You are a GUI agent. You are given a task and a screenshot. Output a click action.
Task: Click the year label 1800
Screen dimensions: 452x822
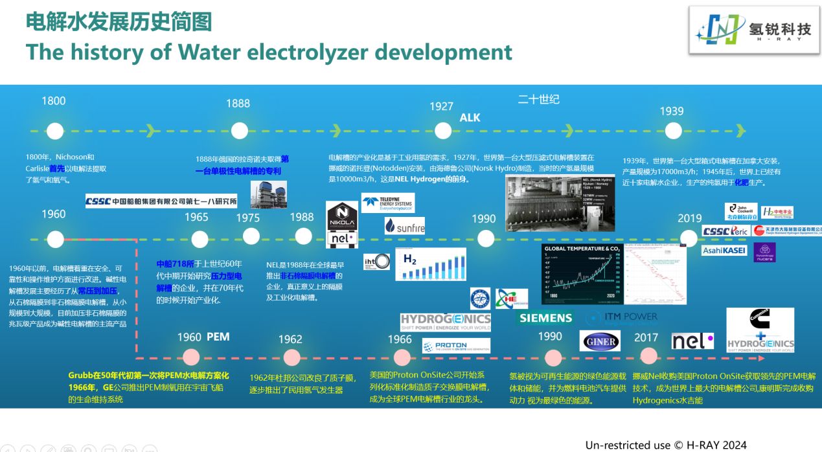pyautogui.click(x=54, y=100)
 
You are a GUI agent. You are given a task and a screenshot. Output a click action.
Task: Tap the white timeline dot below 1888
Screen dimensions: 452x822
pyautogui.click(x=240, y=130)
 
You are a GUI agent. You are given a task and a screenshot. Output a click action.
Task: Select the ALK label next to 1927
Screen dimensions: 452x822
pyautogui.click(x=470, y=117)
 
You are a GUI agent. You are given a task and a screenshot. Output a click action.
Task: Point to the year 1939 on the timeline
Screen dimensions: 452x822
pyautogui.click(x=672, y=111)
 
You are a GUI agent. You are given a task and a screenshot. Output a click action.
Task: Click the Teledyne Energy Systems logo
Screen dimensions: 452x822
pyautogui.click(x=387, y=203)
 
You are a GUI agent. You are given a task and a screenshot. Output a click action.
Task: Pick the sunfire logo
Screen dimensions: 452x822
pyautogui.click(x=404, y=225)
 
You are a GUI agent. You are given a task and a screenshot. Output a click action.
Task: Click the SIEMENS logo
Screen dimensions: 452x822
pyautogui.click(x=545, y=317)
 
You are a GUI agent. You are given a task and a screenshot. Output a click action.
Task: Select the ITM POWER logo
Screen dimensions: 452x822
pyautogui.click(x=621, y=317)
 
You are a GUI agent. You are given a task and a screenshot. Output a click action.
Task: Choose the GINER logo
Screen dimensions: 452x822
pyautogui.click(x=600, y=341)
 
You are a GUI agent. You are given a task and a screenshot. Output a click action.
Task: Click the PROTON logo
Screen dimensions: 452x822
pyautogui.click(x=456, y=346)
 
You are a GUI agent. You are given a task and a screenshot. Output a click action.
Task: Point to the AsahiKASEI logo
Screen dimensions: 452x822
pyautogui.click(x=724, y=250)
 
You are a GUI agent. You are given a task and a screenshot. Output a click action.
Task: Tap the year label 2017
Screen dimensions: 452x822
pyautogui.click(x=646, y=337)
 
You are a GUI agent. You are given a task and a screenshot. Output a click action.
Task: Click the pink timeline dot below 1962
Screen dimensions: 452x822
pyautogui.click(x=290, y=357)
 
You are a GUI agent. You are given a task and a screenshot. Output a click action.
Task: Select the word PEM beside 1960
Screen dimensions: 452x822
pyautogui.click(x=218, y=337)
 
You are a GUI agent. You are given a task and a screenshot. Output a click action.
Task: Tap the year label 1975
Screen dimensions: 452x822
pyautogui.click(x=247, y=218)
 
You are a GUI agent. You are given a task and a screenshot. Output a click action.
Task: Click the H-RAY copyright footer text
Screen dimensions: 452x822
pyautogui.click(x=666, y=445)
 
